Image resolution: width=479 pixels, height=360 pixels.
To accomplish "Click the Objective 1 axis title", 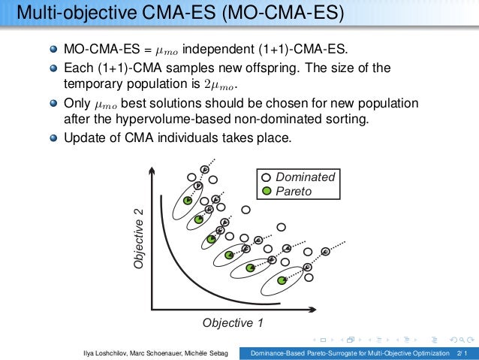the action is (x=233, y=322).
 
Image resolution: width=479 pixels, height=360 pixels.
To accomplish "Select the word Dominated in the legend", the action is (x=306, y=177).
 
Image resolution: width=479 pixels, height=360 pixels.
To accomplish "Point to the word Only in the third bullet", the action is (x=77, y=102).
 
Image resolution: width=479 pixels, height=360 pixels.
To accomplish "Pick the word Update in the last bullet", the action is (x=83, y=139).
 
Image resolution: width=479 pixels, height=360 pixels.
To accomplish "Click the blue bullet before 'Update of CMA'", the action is (x=53, y=139).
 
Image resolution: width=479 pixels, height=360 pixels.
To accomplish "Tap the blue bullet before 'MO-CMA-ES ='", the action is (x=53, y=50).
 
